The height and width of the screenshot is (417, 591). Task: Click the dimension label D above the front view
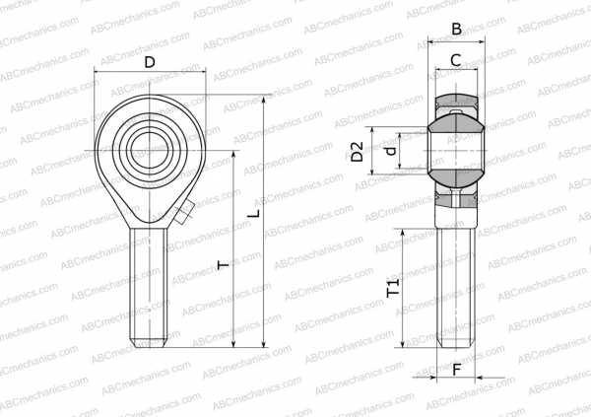[149, 62]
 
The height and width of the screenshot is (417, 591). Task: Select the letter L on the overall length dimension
[253, 213]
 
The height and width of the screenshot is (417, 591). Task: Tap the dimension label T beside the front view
[223, 264]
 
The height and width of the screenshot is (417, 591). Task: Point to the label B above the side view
[456, 30]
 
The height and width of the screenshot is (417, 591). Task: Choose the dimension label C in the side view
[456, 60]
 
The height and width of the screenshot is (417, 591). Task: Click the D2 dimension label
[359, 151]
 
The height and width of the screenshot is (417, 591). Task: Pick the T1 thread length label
[393, 288]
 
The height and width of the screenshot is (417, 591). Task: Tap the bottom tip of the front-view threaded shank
[149, 344]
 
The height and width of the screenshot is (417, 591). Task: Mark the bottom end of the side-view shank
[456, 346]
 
